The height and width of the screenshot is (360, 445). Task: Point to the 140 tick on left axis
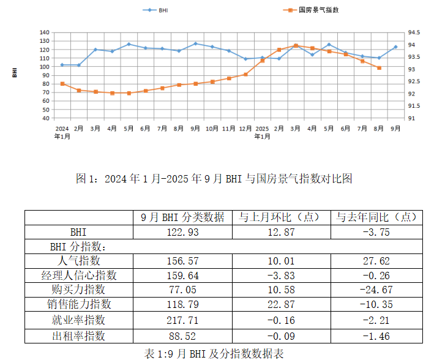click(x=44, y=32)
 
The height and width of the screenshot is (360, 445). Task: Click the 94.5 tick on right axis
click(x=413, y=32)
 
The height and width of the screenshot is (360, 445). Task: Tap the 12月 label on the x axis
click(x=245, y=129)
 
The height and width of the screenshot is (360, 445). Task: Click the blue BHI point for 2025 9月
click(x=395, y=47)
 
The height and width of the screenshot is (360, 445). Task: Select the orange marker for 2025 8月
click(x=380, y=68)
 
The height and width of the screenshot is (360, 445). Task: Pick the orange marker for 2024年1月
click(x=62, y=84)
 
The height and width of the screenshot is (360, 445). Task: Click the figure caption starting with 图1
click(x=214, y=179)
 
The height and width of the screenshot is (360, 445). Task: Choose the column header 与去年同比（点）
click(x=376, y=217)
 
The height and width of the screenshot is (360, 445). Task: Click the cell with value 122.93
click(x=183, y=232)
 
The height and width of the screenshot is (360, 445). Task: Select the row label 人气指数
click(x=79, y=261)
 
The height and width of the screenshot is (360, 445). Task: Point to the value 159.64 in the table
click(x=183, y=276)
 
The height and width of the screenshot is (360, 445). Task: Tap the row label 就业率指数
click(x=79, y=320)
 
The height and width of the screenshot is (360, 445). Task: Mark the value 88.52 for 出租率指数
click(x=183, y=335)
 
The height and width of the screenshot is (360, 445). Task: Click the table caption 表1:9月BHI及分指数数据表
click(x=214, y=353)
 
